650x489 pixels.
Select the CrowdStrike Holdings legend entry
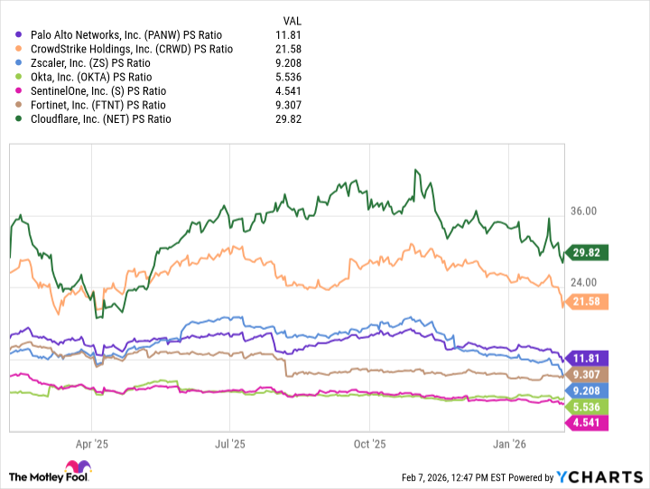pos(131,49)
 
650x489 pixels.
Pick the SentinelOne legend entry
pos(98,90)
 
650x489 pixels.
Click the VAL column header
pos(291,20)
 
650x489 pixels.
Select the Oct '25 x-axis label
pos(369,444)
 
